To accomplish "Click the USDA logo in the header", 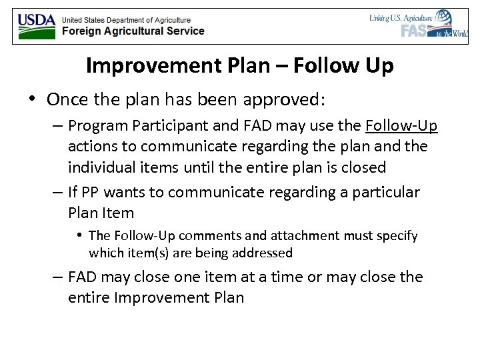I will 37,25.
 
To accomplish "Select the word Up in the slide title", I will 379,66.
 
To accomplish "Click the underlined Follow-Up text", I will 401,125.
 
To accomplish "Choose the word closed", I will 364,167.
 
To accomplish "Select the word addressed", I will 263,253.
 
